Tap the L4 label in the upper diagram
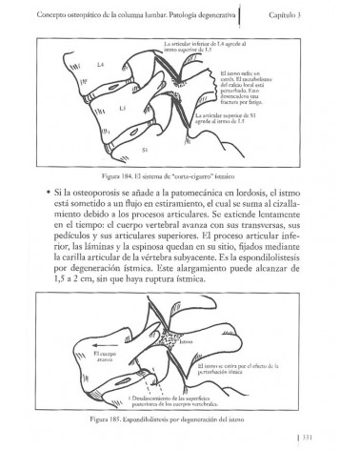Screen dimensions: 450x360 coord(73,65)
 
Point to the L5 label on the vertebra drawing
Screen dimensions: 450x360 coord(97,108)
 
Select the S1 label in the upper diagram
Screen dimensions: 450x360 coord(144,150)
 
